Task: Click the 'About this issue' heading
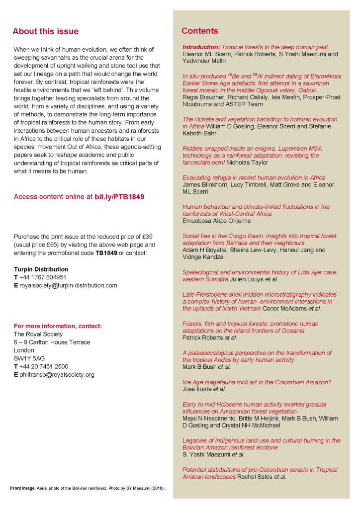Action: tap(45, 31)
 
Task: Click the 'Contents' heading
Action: tap(199, 31)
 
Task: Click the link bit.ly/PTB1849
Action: tap(119, 197)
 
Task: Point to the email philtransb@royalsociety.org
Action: tap(57, 374)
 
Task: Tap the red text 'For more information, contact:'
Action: tap(58, 326)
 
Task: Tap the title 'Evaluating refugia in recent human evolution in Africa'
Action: tap(254, 177)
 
